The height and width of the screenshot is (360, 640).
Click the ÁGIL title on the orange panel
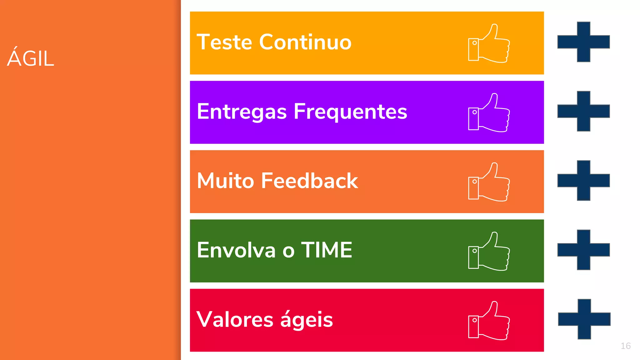(x=31, y=58)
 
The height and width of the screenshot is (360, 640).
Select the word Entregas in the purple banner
(x=242, y=112)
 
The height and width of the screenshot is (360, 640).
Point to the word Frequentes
(x=350, y=112)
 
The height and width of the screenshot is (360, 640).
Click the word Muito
(x=225, y=181)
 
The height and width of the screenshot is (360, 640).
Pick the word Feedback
(x=309, y=181)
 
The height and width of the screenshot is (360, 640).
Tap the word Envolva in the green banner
(x=236, y=250)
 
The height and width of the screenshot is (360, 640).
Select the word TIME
(x=327, y=250)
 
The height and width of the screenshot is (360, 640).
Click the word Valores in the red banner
(x=235, y=319)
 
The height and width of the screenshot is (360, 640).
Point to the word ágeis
(x=306, y=319)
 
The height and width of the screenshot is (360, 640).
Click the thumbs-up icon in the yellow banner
(x=489, y=43)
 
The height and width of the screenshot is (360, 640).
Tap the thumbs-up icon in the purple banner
(x=489, y=113)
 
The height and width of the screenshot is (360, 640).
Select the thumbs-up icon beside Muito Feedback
(x=489, y=182)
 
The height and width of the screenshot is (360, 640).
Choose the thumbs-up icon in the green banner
(x=489, y=252)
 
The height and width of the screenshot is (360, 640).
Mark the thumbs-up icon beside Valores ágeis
(x=489, y=321)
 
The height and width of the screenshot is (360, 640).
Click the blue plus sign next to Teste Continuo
(x=583, y=42)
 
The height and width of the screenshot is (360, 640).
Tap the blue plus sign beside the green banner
(x=583, y=250)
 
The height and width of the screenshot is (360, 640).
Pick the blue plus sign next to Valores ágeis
(x=584, y=319)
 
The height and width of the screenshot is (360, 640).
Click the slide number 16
(x=625, y=346)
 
